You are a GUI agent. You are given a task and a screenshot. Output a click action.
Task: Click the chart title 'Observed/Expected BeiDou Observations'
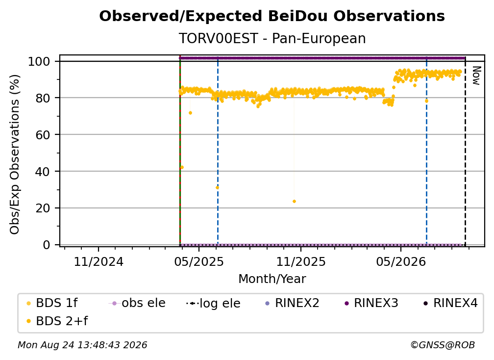(x=272, y=16)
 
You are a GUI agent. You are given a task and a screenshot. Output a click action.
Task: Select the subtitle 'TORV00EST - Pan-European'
(x=272, y=38)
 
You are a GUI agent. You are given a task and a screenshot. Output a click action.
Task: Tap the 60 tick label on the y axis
(x=43, y=134)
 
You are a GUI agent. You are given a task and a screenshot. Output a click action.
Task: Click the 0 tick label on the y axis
(x=47, y=245)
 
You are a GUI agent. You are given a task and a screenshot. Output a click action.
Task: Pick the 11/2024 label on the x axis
(x=99, y=261)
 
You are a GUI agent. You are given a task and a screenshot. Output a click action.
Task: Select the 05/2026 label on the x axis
(x=401, y=261)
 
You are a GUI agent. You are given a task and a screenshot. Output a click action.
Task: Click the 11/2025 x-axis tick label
(x=301, y=261)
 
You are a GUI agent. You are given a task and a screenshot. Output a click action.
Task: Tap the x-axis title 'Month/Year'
(x=272, y=279)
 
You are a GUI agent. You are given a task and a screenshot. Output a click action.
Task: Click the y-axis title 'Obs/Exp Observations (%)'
(x=15, y=154)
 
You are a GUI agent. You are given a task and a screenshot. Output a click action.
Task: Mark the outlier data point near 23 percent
(x=294, y=202)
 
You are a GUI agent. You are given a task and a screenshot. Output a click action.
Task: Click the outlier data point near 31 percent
(x=217, y=187)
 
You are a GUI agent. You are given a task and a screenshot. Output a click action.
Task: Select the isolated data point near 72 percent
(x=190, y=113)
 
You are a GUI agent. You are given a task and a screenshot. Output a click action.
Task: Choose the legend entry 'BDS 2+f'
(x=57, y=321)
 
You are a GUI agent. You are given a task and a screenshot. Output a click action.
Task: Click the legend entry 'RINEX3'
(x=371, y=303)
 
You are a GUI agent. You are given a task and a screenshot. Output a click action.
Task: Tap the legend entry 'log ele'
(x=213, y=304)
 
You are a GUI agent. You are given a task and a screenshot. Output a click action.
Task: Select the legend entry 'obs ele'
(x=137, y=303)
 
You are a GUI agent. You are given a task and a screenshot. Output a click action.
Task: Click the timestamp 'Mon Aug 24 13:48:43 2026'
(x=82, y=345)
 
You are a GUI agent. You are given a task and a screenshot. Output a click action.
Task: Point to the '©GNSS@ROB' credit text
(x=443, y=345)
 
